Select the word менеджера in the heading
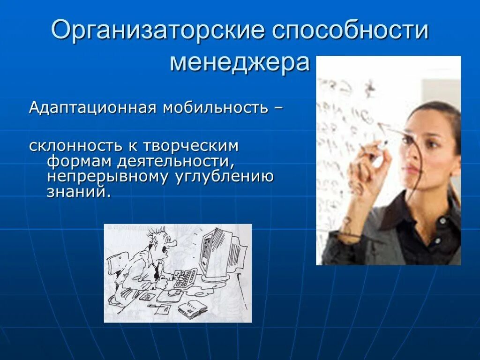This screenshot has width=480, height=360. (240, 62)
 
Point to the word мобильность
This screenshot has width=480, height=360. (215, 108)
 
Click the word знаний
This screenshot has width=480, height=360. (78, 192)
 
